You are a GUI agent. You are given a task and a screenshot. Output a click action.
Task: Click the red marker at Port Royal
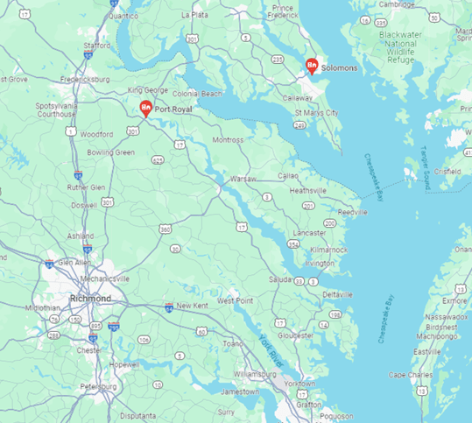(x=146, y=109)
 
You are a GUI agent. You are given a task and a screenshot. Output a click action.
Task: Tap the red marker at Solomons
(x=311, y=65)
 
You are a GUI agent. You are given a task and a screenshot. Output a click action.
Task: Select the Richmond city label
(x=90, y=299)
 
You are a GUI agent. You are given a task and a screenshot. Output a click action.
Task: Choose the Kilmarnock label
(x=328, y=250)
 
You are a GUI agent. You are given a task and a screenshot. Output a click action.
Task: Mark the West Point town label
(x=235, y=300)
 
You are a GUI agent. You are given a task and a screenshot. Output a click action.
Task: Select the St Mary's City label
(x=315, y=113)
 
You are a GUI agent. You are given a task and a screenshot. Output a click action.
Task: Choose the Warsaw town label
(x=243, y=179)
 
